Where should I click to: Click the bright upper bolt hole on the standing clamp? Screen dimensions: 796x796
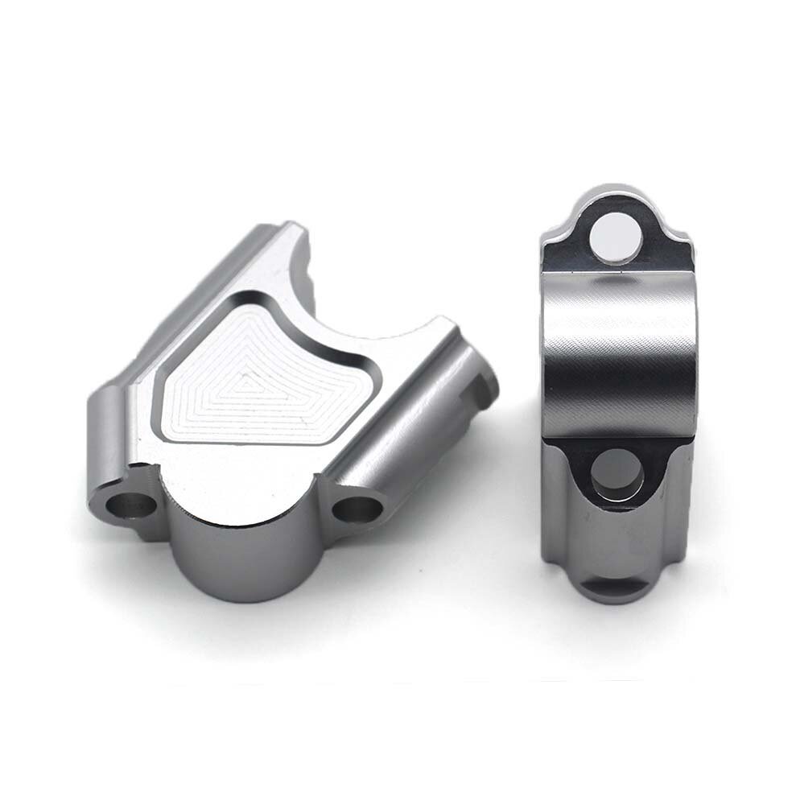point(616,234)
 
